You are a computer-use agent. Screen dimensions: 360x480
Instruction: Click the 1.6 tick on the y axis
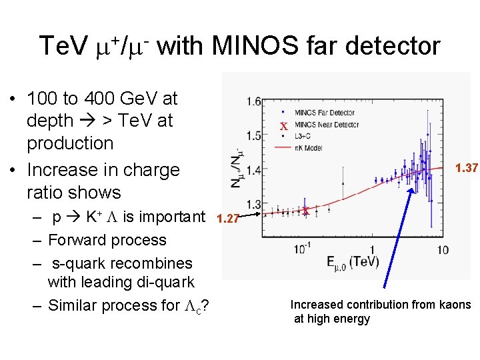(x=253, y=102)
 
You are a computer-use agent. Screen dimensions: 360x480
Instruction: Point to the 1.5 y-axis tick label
(x=253, y=135)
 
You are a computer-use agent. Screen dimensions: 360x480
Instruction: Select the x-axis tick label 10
(x=441, y=250)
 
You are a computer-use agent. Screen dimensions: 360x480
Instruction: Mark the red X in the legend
(x=283, y=127)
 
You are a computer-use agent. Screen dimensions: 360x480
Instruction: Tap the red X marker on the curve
(x=305, y=211)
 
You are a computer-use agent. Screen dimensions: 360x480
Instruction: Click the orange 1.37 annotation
(x=466, y=169)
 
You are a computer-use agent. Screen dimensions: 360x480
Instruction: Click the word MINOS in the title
(x=243, y=47)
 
